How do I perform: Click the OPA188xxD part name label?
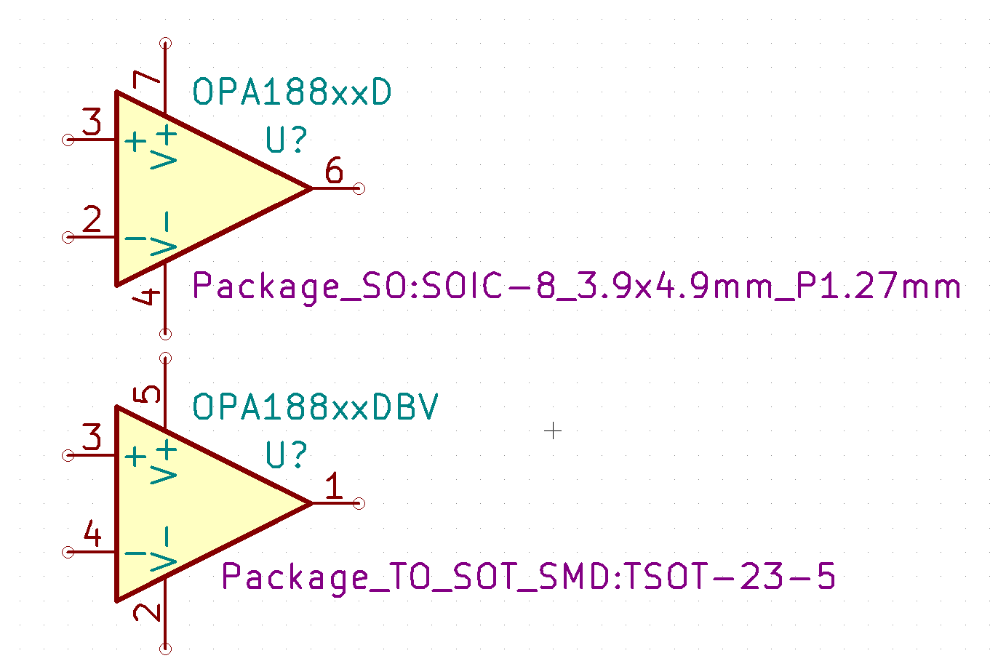pyautogui.click(x=292, y=92)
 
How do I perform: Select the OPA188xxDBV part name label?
pyautogui.click(x=315, y=406)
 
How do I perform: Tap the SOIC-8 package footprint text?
pyautogui.click(x=577, y=287)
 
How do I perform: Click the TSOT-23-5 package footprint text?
pyautogui.click(x=528, y=577)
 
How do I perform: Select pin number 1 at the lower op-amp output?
pyautogui.click(x=334, y=485)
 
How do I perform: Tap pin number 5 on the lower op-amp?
pyautogui.click(x=147, y=394)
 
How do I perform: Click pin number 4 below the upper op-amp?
pyautogui.click(x=147, y=296)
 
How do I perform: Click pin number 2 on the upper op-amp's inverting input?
pyautogui.click(x=92, y=219)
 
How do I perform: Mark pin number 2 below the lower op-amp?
pyautogui.click(x=147, y=612)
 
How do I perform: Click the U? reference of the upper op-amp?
pyautogui.click(x=287, y=140)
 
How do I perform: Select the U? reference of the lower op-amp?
pyautogui.click(x=287, y=454)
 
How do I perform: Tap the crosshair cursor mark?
pyautogui.click(x=552, y=430)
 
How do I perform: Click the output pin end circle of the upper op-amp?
pyautogui.click(x=359, y=188)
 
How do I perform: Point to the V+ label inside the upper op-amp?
pyautogui.click(x=164, y=147)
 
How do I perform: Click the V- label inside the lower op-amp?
pyautogui.click(x=164, y=548)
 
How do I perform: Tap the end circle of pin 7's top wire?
pyautogui.click(x=165, y=44)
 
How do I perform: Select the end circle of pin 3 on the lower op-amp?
pyautogui.click(x=68, y=455)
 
